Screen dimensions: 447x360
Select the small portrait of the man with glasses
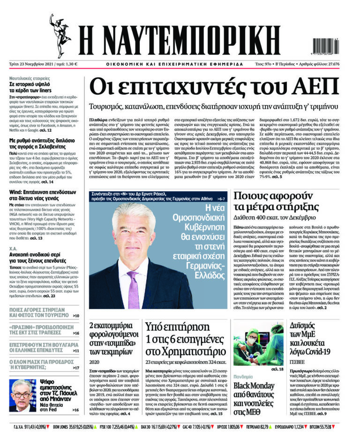pyautogui.click(x=22, y=394)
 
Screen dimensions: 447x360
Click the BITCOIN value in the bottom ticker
pyautogui.click(x=341, y=428)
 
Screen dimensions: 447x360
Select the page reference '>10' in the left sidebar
pyautogui.click(x=76, y=316)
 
